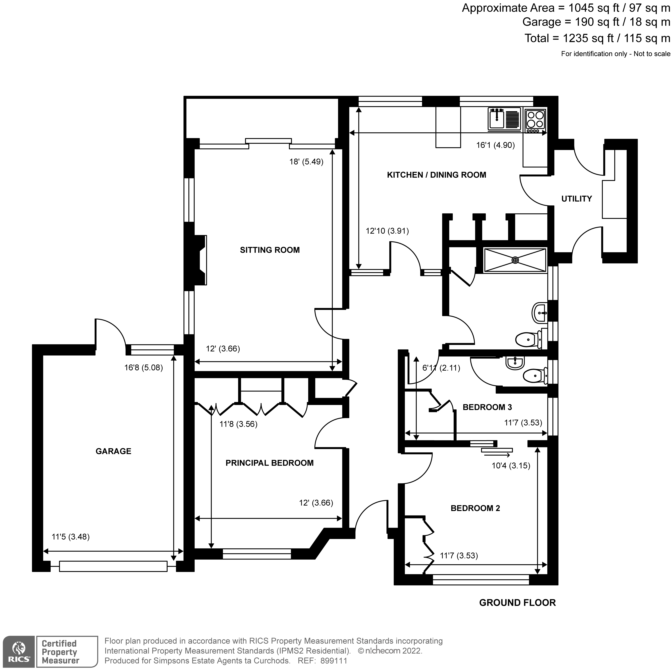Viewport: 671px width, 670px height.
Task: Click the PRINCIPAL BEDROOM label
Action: (270, 463)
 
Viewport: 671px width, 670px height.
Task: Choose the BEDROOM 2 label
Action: (475, 508)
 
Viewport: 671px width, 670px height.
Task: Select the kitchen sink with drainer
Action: (504, 119)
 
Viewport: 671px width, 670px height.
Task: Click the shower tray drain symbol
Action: (515, 260)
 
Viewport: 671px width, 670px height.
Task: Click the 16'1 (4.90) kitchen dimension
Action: (495, 145)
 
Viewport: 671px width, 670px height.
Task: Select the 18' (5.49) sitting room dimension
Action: (306, 162)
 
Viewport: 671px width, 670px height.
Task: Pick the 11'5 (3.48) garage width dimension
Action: (70, 537)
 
